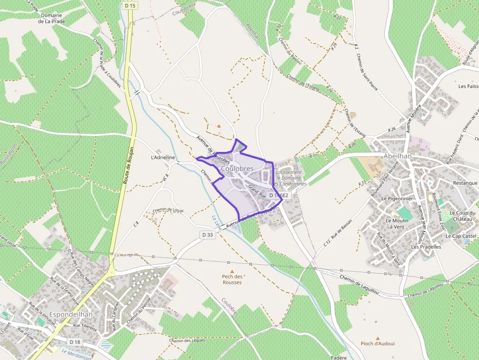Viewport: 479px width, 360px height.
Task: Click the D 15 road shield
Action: click(x=129, y=5)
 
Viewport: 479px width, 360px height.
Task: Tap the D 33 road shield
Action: click(x=207, y=235)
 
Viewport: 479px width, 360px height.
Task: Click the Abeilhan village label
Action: click(x=398, y=156)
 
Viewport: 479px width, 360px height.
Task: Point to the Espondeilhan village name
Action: click(x=71, y=315)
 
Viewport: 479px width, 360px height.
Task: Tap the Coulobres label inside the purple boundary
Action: click(x=237, y=169)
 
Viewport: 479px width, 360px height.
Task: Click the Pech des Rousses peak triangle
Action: click(x=232, y=271)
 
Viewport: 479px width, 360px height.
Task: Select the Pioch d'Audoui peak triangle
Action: click(x=378, y=338)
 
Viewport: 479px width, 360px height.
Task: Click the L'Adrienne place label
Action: click(x=163, y=157)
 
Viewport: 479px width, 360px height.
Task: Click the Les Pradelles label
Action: click(x=426, y=247)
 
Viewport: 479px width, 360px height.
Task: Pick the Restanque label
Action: click(x=465, y=183)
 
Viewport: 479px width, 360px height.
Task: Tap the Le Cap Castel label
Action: click(x=461, y=236)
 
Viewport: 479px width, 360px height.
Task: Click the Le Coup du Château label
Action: click(x=462, y=216)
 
